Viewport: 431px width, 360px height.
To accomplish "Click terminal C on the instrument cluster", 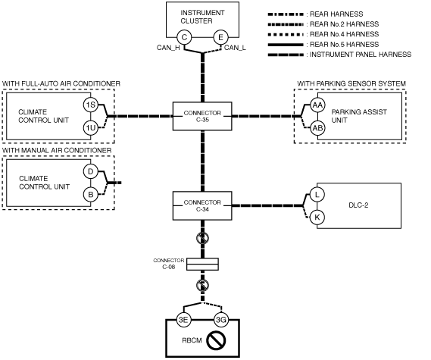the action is point(184,37).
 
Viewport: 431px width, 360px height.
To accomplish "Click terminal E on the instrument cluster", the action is point(220,37).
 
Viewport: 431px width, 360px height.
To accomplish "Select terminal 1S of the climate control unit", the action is point(91,105).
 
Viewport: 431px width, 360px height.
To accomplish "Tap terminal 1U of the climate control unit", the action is point(91,128).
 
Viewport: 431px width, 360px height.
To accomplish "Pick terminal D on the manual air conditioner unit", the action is point(91,171).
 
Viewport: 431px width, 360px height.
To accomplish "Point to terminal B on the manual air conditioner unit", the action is point(91,195).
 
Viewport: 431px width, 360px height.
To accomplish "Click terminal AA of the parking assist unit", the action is point(317,105).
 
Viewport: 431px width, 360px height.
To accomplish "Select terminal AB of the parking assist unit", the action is point(317,128).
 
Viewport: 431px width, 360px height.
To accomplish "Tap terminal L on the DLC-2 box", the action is point(317,195).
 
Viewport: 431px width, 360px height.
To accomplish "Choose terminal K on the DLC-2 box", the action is point(317,218).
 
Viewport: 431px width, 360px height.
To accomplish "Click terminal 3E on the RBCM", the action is point(183,320).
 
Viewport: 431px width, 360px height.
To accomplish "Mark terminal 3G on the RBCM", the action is point(221,320).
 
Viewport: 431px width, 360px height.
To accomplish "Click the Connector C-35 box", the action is point(202,116).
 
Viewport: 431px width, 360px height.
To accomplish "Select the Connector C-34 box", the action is point(202,205).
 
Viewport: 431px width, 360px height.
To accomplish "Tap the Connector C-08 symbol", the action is point(202,264).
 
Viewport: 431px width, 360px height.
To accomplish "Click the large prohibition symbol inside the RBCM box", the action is point(216,340).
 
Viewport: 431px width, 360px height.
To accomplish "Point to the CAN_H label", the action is point(168,48).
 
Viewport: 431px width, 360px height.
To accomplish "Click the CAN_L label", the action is point(235,48).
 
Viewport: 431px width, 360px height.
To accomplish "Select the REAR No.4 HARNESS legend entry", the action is point(323,34).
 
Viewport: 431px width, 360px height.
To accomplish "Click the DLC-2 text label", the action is point(358,205).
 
